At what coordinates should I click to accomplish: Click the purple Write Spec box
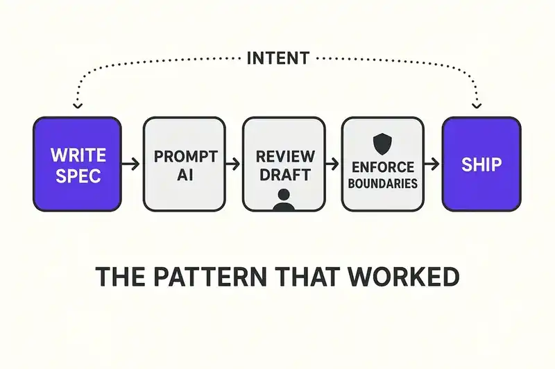click(x=77, y=164)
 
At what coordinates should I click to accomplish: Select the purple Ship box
click(x=481, y=164)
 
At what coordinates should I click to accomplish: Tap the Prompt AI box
click(x=184, y=164)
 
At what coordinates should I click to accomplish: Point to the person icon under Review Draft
click(x=283, y=198)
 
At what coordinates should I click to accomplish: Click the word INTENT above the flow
click(x=277, y=58)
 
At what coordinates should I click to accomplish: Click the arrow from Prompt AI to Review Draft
click(x=234, y=164)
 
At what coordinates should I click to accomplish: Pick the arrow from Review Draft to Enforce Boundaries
click(x=334, y=164)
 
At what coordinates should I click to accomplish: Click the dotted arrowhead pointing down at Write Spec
click(x=77, y=105)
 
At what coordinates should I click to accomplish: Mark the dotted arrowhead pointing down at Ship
click(x=477, y=105)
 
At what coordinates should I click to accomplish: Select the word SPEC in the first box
click(x=77, y=175)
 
